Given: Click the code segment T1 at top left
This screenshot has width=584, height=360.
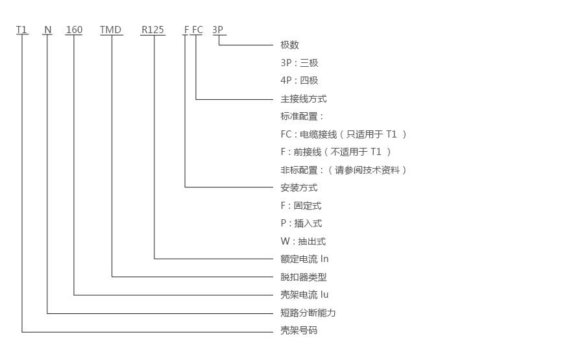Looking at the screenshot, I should point(22,29).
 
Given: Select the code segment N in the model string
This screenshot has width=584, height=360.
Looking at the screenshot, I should point(47,29).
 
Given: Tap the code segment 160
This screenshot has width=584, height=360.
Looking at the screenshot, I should point(75,29).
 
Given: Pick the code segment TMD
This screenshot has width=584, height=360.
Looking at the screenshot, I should point(111,29).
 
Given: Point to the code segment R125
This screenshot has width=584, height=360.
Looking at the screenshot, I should point(153,29).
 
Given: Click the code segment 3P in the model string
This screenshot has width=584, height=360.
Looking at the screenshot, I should point(218,29).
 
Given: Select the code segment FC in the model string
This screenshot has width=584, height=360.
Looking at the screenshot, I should point(197,29).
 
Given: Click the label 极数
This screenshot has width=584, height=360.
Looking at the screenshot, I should point(289,45).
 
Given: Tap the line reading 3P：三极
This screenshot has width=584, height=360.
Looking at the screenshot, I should point(299,63).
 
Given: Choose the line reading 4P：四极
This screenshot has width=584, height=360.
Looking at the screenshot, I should point(299,80).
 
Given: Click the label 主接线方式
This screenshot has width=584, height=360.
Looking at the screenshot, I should point(303,99).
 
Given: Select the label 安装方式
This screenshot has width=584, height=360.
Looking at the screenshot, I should point(298,187).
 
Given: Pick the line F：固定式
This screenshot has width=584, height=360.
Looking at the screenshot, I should point(300,206).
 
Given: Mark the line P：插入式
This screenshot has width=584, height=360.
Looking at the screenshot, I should point(300,223).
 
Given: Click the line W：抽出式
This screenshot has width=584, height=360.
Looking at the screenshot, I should point(302,241).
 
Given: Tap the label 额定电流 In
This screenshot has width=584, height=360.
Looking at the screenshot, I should point(304,259).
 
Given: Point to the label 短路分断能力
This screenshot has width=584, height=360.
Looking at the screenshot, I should point(308,313).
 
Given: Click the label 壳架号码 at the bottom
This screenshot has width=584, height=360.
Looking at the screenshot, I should point(298,331).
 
